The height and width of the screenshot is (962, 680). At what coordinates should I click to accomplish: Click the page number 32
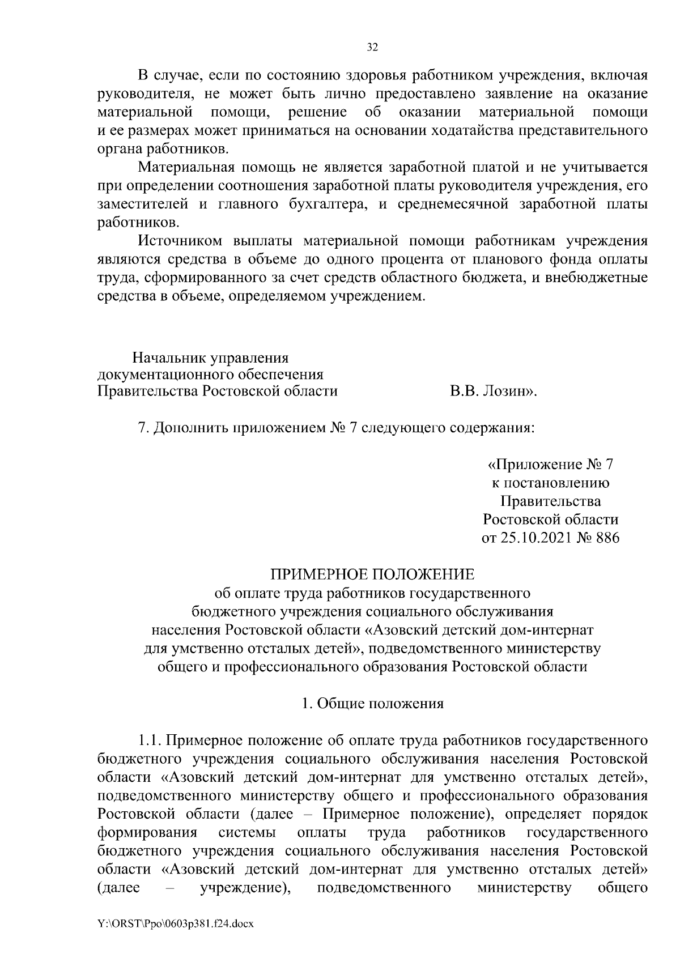372,48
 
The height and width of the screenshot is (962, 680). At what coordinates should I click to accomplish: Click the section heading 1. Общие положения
372,704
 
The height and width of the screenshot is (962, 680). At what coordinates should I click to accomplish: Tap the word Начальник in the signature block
169,358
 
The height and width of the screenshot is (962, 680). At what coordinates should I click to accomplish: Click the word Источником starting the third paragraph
181,241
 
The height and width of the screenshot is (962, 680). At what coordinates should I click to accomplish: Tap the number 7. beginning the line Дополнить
143,428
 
